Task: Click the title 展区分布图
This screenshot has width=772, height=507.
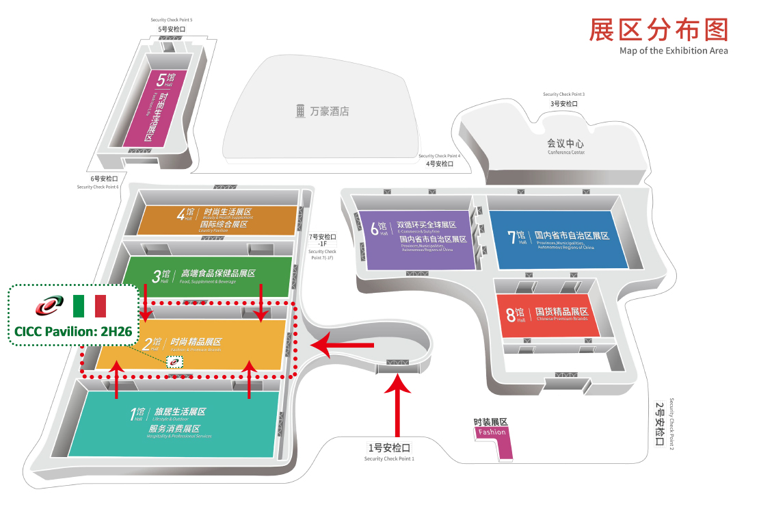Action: pos(658,30)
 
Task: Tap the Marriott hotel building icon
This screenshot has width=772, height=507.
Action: pos(300,111)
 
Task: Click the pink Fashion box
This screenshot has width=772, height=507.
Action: pos(492,432)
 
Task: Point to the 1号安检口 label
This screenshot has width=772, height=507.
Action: pos(389,448)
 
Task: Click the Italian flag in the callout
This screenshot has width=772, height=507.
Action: pos(90,306)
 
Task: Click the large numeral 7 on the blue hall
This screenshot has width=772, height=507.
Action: pos(511,237)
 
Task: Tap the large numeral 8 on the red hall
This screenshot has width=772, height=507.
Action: pos(511,315)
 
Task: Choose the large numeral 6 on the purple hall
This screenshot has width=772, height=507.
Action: pos(374,229)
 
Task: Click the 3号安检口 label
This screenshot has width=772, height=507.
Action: pos(564,103)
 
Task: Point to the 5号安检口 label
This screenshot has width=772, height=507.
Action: pos(172,29)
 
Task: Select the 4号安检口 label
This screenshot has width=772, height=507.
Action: pos(440,164)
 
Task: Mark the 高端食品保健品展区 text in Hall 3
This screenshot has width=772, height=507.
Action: pos(218,273)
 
